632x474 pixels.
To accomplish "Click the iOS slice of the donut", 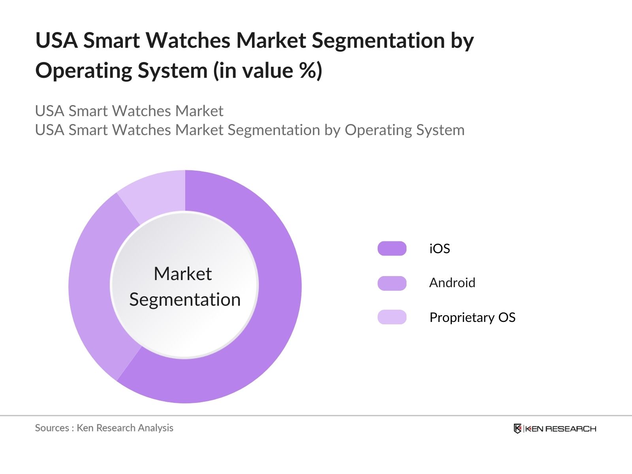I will tap(276, 300).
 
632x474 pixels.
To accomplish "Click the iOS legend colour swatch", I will tap(392, 248).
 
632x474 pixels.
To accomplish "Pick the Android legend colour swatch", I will tap(392, 283).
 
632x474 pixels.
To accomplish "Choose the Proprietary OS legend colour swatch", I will tap(392, 317).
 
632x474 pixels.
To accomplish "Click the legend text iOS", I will tap(440, 248).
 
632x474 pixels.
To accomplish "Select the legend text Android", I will tap(452, 283).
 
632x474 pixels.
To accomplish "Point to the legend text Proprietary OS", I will tap(472, 317).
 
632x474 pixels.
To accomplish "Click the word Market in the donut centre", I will tap(182, 274).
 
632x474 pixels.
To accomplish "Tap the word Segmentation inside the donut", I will tap(185, 299).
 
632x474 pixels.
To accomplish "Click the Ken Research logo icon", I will tap(517, 429).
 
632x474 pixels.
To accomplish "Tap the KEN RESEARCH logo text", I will tap(561, 429).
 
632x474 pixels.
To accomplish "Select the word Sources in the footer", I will tap(52, 428).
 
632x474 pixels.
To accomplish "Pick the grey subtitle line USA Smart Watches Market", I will tap(129, 111).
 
